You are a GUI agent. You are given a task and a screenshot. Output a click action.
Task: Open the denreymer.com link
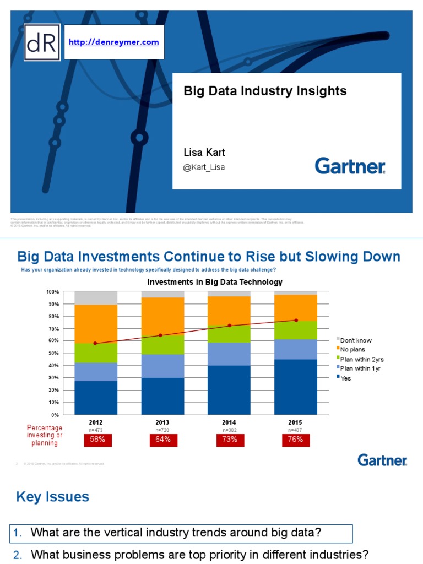(x=113, y=42)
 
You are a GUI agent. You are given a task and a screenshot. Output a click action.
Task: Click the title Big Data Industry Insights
(x=265, y=91)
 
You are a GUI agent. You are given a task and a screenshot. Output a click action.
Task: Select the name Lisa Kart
(x=204, y=153)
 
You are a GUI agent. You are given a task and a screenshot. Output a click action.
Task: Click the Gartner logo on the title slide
(x=350, y=166)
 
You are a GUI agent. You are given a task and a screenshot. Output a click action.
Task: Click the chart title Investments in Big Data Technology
(x=214, y=282)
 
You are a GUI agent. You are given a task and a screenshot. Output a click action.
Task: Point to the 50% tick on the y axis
(x=53, y=353)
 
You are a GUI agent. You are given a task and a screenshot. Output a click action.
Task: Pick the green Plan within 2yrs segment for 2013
(x=162, y=344)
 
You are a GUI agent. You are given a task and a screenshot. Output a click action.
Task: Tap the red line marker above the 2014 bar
(x=229, y=326)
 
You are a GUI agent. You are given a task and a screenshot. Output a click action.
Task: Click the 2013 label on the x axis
(x=162, y=422)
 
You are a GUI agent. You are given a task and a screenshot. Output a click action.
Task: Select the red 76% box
(x=295, y=440)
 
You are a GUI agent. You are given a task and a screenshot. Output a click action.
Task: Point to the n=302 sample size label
(x=229, y=429)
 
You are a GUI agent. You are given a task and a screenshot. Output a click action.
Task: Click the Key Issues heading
(x=52, y=497)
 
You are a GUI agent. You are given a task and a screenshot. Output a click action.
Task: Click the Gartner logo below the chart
(x=382, y=460)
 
